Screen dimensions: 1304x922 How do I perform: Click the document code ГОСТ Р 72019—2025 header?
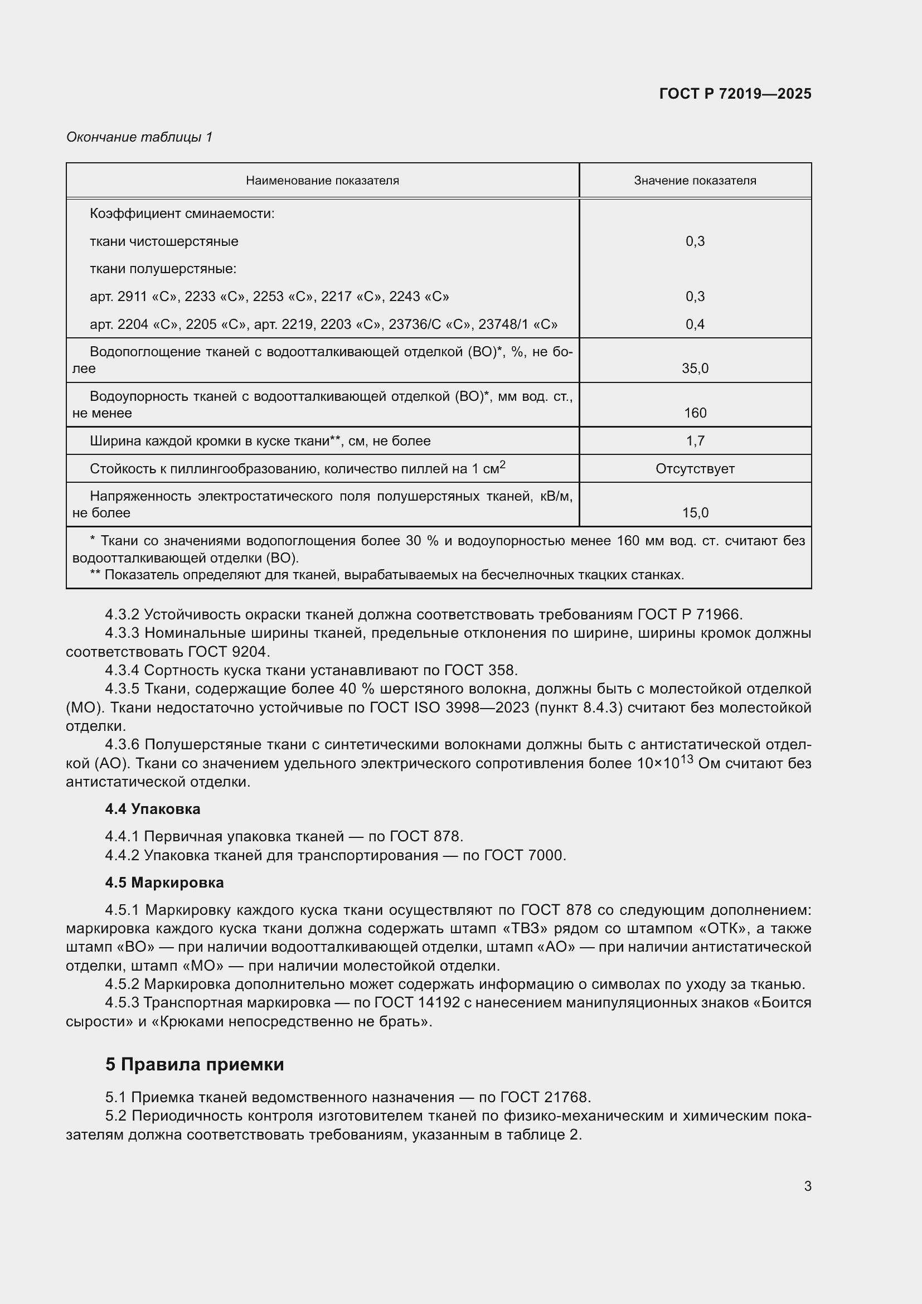[x=735, y=94]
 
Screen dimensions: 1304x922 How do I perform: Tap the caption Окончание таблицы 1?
[x=139, y=137]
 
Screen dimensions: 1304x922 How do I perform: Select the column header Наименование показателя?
[x=322, y=181]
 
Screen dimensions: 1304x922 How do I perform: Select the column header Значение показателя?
[x=695, y=181]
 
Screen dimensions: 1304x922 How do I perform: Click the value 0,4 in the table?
[x=695, y=324]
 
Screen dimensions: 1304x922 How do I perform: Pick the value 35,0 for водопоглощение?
[x=695, y=369]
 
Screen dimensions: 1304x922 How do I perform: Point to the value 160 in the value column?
[x=695, y=413]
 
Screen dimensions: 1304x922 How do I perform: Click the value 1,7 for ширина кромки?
[x=695, y=441]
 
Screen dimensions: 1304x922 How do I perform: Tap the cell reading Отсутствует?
[x=695, y=468]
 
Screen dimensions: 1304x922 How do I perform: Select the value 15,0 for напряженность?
[x=695, y=513]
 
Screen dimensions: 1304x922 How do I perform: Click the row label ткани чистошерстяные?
[x=163, y=241]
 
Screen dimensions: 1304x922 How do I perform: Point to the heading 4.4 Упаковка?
[x=152, y=809]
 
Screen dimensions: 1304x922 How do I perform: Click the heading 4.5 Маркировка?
[x=164, y=882]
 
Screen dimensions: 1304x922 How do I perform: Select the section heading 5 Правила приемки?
[x=194, y=1064]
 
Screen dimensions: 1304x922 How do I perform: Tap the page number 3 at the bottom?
[x=807, y=1186]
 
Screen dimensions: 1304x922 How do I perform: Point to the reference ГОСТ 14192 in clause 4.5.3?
[x=415, y=1002]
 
